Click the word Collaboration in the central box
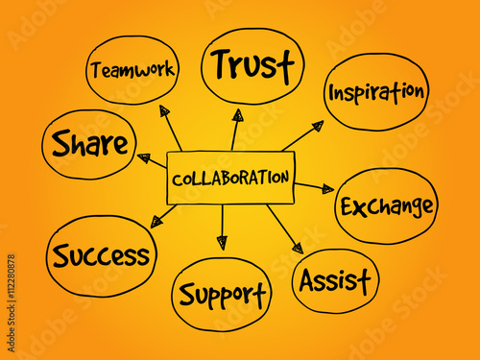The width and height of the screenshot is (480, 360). click(x=229, y=178)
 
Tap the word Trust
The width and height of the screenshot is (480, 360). click(x=252, y=64)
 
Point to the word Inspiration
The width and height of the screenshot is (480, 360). click(x=376, y=92)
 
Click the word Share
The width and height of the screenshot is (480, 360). click(x=89, y=144)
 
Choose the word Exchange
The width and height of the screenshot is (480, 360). click(x=386, y=205)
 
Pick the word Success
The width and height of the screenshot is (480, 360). click(x=101, y=255)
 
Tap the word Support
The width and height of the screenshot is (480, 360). click(x=223, y=292)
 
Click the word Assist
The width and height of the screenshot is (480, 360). click(x=335, y=280)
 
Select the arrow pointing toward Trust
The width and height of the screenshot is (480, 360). click(x=235, y=129)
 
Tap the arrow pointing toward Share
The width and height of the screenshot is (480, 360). click(x=152, y=159)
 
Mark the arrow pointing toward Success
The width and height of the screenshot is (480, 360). click(x=164, y=216)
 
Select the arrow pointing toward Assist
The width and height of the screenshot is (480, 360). click(x=284, y=230)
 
